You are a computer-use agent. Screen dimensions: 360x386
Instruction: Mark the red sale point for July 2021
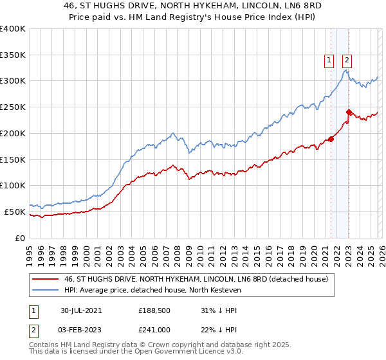tap(331, 139)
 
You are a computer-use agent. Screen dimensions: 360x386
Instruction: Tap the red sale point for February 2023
tap(348, 111)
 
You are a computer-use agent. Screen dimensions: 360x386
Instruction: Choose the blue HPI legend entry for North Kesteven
tap(152, 291)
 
